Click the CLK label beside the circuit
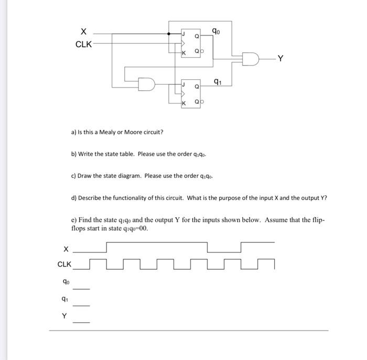coord(83,44)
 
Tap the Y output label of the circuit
coord(282,58)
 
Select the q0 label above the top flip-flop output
coord(216,30)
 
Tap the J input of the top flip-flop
coord(183,34)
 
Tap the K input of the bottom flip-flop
coord(183,103)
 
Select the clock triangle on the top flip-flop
coord(182,43)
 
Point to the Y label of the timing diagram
coord(64,316)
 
